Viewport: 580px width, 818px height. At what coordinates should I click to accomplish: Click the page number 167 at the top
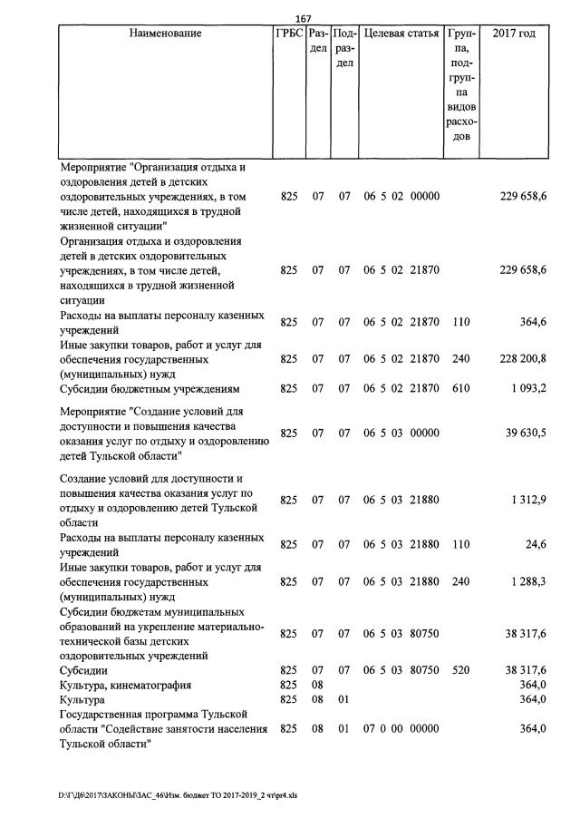coord(304,19)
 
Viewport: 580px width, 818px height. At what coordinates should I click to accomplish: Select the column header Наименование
coord(165,34)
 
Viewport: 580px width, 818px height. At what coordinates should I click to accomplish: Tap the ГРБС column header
coord(289,34)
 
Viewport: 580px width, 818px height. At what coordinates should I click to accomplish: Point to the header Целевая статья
coord(401,34)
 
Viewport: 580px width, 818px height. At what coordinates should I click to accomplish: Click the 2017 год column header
coord(513,34)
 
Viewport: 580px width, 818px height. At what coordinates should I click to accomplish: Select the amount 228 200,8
coord(523,359)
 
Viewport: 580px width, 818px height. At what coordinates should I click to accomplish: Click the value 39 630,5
coord(525,433)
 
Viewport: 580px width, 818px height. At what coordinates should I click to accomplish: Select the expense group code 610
coord(460,389)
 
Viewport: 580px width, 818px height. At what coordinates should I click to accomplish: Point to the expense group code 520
coord(460,669)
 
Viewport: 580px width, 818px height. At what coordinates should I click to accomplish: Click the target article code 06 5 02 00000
coord(401,196)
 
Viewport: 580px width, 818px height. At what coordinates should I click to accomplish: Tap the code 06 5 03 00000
coord(401,433)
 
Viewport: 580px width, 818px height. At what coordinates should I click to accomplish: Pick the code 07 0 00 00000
coord(401,729)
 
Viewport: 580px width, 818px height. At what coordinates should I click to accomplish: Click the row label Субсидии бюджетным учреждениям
coord(150,389)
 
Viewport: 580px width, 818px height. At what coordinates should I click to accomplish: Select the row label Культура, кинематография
coord(126,685)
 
